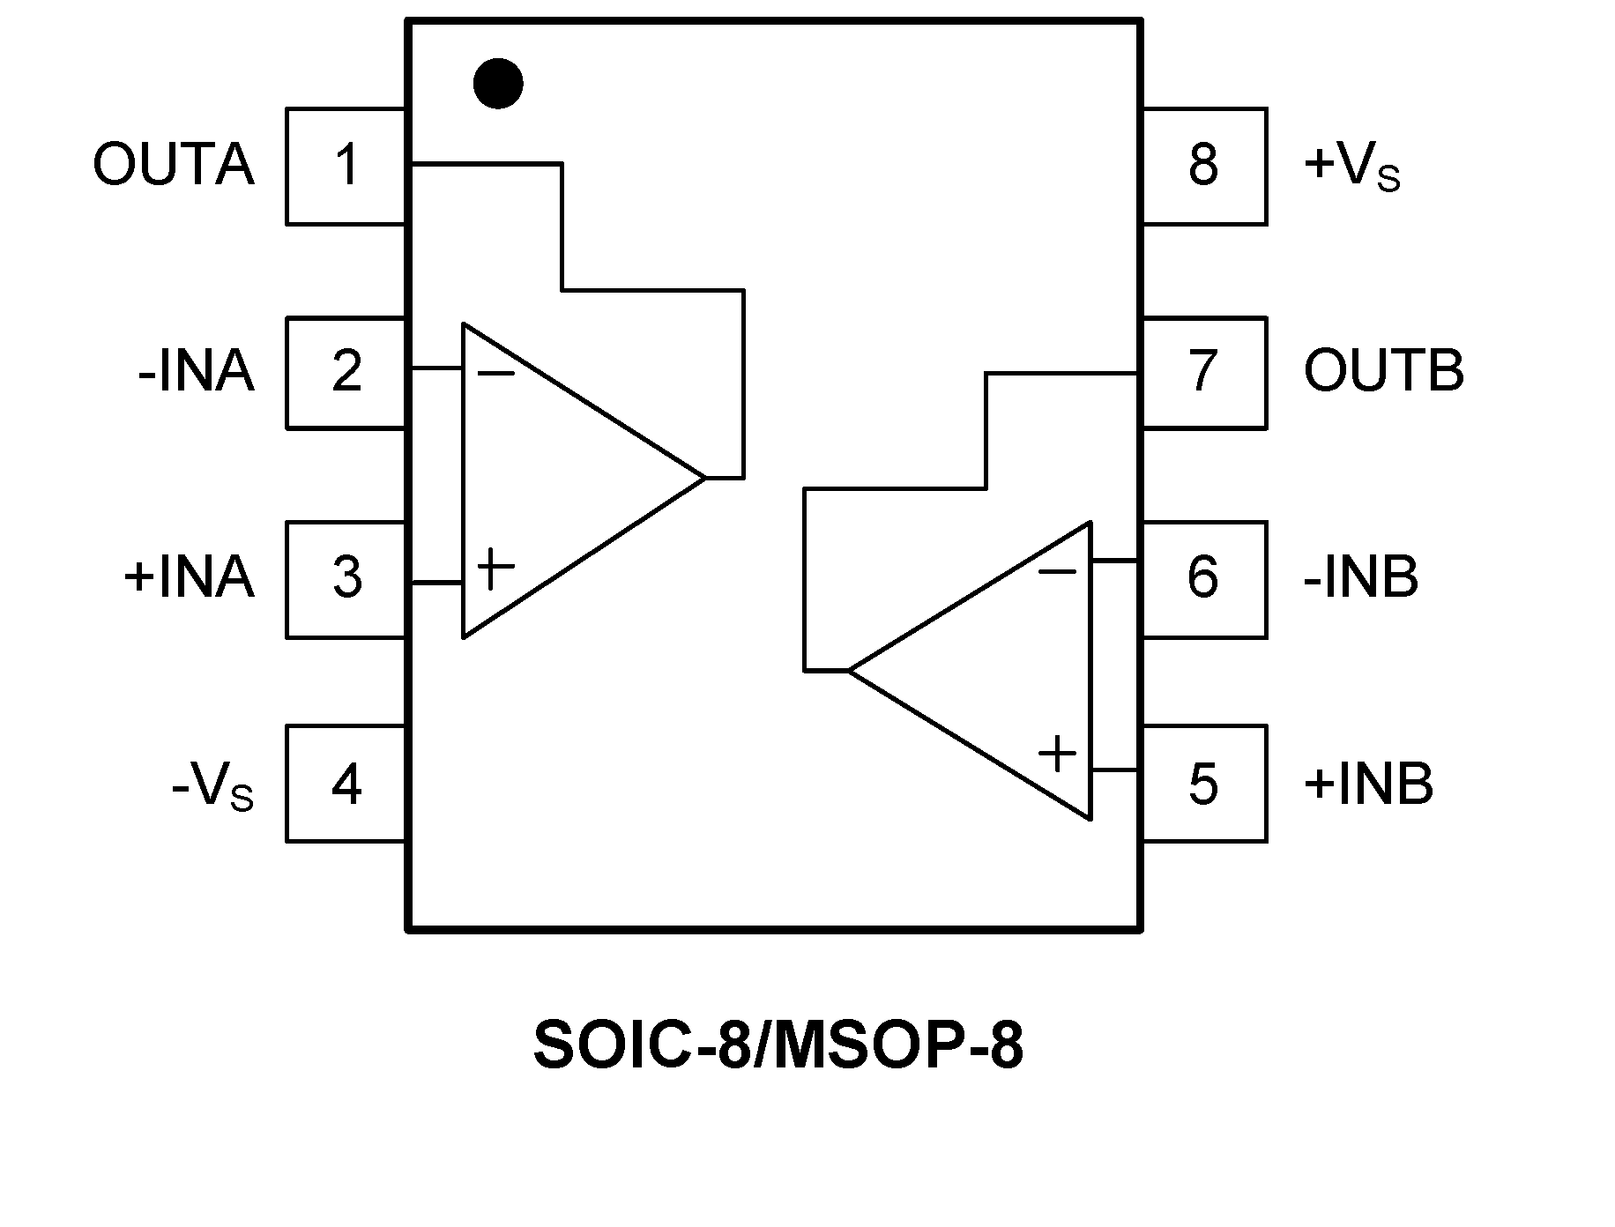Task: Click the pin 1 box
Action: (346, 167)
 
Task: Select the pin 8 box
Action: (1204, 167)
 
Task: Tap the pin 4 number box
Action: (346, 784)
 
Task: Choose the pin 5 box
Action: (1204, 784)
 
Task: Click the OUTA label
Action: (174, 165)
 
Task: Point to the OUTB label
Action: (1383, 371)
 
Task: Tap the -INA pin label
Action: (196, 372)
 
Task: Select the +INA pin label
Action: (189, 577)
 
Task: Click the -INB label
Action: (1360, 577)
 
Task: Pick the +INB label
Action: (1368, 784)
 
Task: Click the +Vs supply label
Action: (1351, 167)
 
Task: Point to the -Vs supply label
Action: (212, 786)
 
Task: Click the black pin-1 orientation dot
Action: (498, 84)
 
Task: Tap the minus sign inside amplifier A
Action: (495, 374)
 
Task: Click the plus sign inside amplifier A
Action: (495, 569)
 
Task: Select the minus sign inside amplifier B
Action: (1057, 572)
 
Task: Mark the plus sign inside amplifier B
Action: (1057, 754)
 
